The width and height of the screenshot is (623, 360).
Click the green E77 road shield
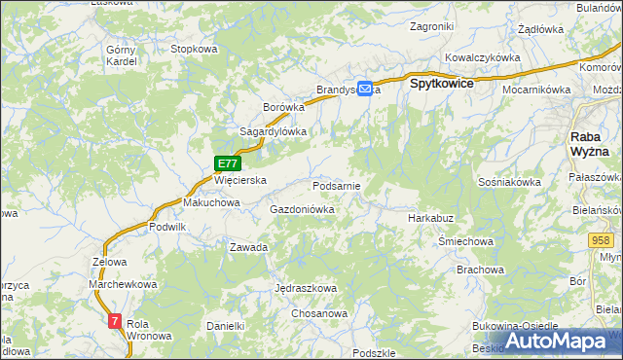228,164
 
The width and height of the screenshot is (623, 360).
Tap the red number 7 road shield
116,320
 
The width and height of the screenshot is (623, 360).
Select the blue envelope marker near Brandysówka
365,88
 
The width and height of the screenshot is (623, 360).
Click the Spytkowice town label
442,84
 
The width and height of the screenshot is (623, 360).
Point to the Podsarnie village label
337,185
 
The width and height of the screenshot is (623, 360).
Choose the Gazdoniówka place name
302,209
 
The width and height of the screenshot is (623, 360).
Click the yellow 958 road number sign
601,239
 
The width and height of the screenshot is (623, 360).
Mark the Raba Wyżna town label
589,144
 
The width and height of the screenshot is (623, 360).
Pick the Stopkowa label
193,49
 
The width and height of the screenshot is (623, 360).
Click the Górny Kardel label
122,54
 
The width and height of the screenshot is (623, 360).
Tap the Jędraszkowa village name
306,289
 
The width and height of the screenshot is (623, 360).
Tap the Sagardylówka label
274,131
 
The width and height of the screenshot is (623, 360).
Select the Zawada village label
248,247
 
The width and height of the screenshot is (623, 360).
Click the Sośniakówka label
510,182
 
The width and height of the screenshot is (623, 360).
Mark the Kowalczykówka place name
483,57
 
